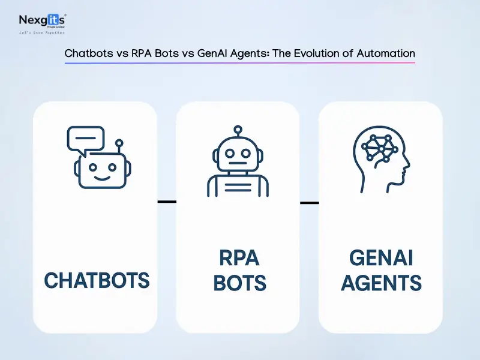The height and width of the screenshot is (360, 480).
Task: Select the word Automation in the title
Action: (x=386, y=53)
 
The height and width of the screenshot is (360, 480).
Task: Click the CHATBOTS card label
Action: (x=97, y=280)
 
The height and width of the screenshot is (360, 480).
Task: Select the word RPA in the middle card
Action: (x=239, y=258)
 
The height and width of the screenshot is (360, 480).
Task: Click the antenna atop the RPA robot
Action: (x=238, y=130)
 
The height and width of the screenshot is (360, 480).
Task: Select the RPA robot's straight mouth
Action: (x=238, y=162)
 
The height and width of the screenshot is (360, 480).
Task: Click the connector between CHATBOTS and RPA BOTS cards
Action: (x=167, y=202)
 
